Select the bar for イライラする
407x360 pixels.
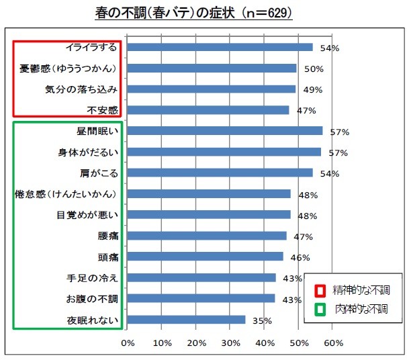tap(220, 47)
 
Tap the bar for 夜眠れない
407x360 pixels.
tap(186, 320)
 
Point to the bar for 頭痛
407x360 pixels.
tap(205, 257)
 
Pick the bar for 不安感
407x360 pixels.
tap(208, 109)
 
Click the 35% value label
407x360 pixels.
tap(261, 321)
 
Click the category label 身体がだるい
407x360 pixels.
tap(88, 152)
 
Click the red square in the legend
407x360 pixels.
tap(321, 290)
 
